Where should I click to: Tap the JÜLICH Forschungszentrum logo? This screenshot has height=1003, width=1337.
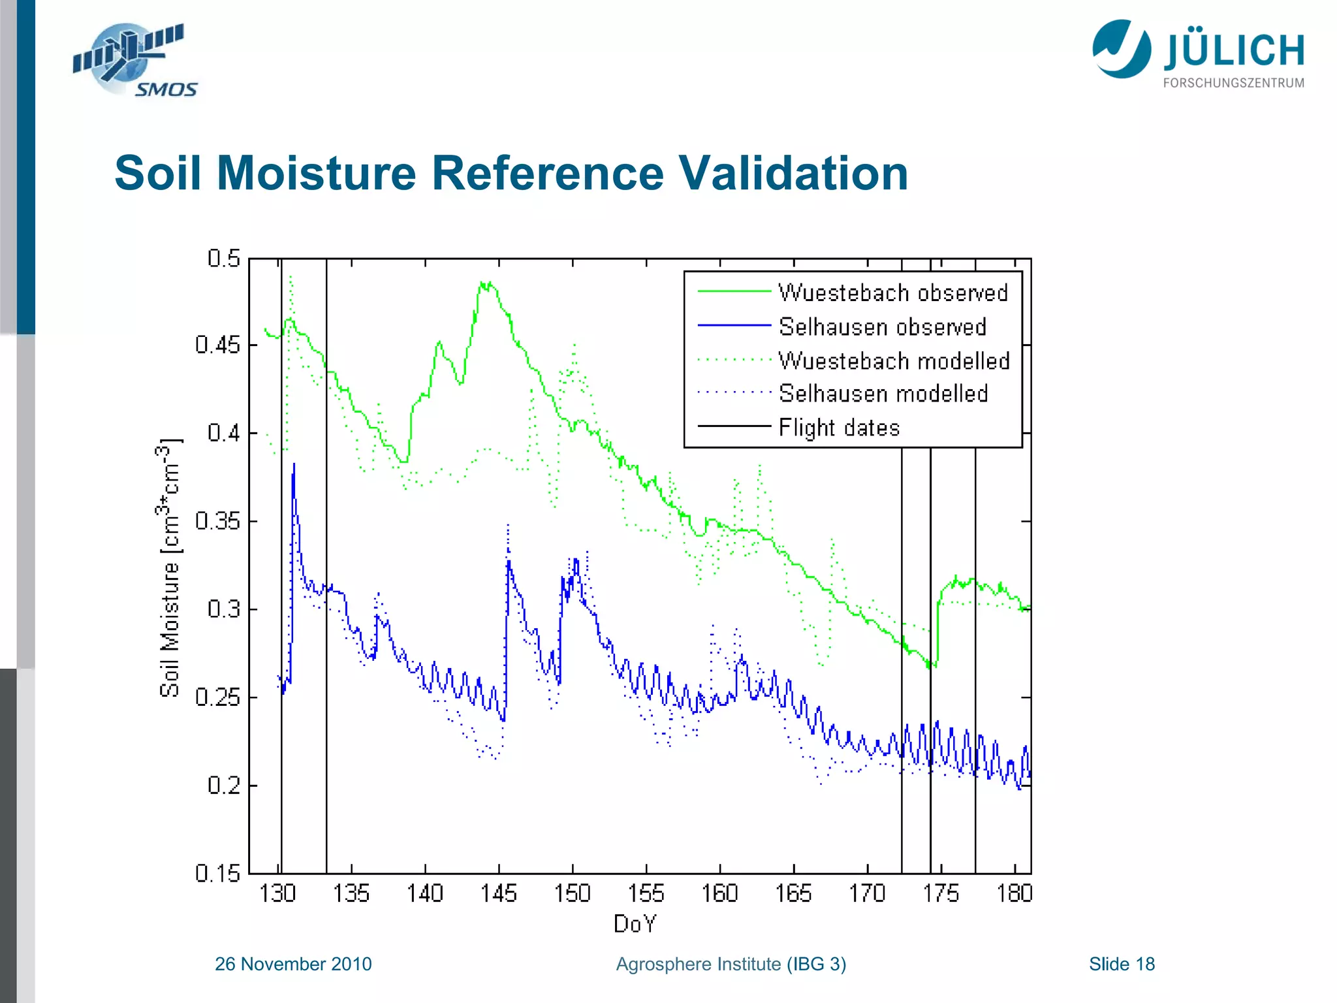pos(1199,54)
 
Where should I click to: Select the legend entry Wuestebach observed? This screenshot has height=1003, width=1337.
pos(892,293)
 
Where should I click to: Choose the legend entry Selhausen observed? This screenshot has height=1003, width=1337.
pos(882,326)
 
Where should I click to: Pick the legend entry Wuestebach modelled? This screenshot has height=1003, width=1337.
pos(894,360)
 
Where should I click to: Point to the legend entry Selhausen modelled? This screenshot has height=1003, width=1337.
pos(883,394)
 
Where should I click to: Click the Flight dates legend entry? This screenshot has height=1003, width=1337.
pos(839,428)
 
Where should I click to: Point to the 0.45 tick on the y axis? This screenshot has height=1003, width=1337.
pos(217,345)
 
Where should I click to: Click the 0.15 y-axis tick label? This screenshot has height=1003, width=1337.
pos(217,873)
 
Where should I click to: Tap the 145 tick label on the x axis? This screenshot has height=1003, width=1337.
pos(499,893)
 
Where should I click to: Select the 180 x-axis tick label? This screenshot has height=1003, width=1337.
pos(1014,893)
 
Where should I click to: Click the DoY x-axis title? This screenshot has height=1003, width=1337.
pos(635,923)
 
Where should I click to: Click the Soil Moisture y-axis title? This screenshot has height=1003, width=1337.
pos(170,568)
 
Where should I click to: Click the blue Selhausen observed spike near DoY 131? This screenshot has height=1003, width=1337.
pos(294,465)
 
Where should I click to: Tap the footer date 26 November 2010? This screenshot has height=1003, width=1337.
pos(293,964)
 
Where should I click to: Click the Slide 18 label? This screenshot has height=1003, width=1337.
pos(1122,964)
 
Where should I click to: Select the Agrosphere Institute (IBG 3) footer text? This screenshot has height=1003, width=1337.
pos(731,964)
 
